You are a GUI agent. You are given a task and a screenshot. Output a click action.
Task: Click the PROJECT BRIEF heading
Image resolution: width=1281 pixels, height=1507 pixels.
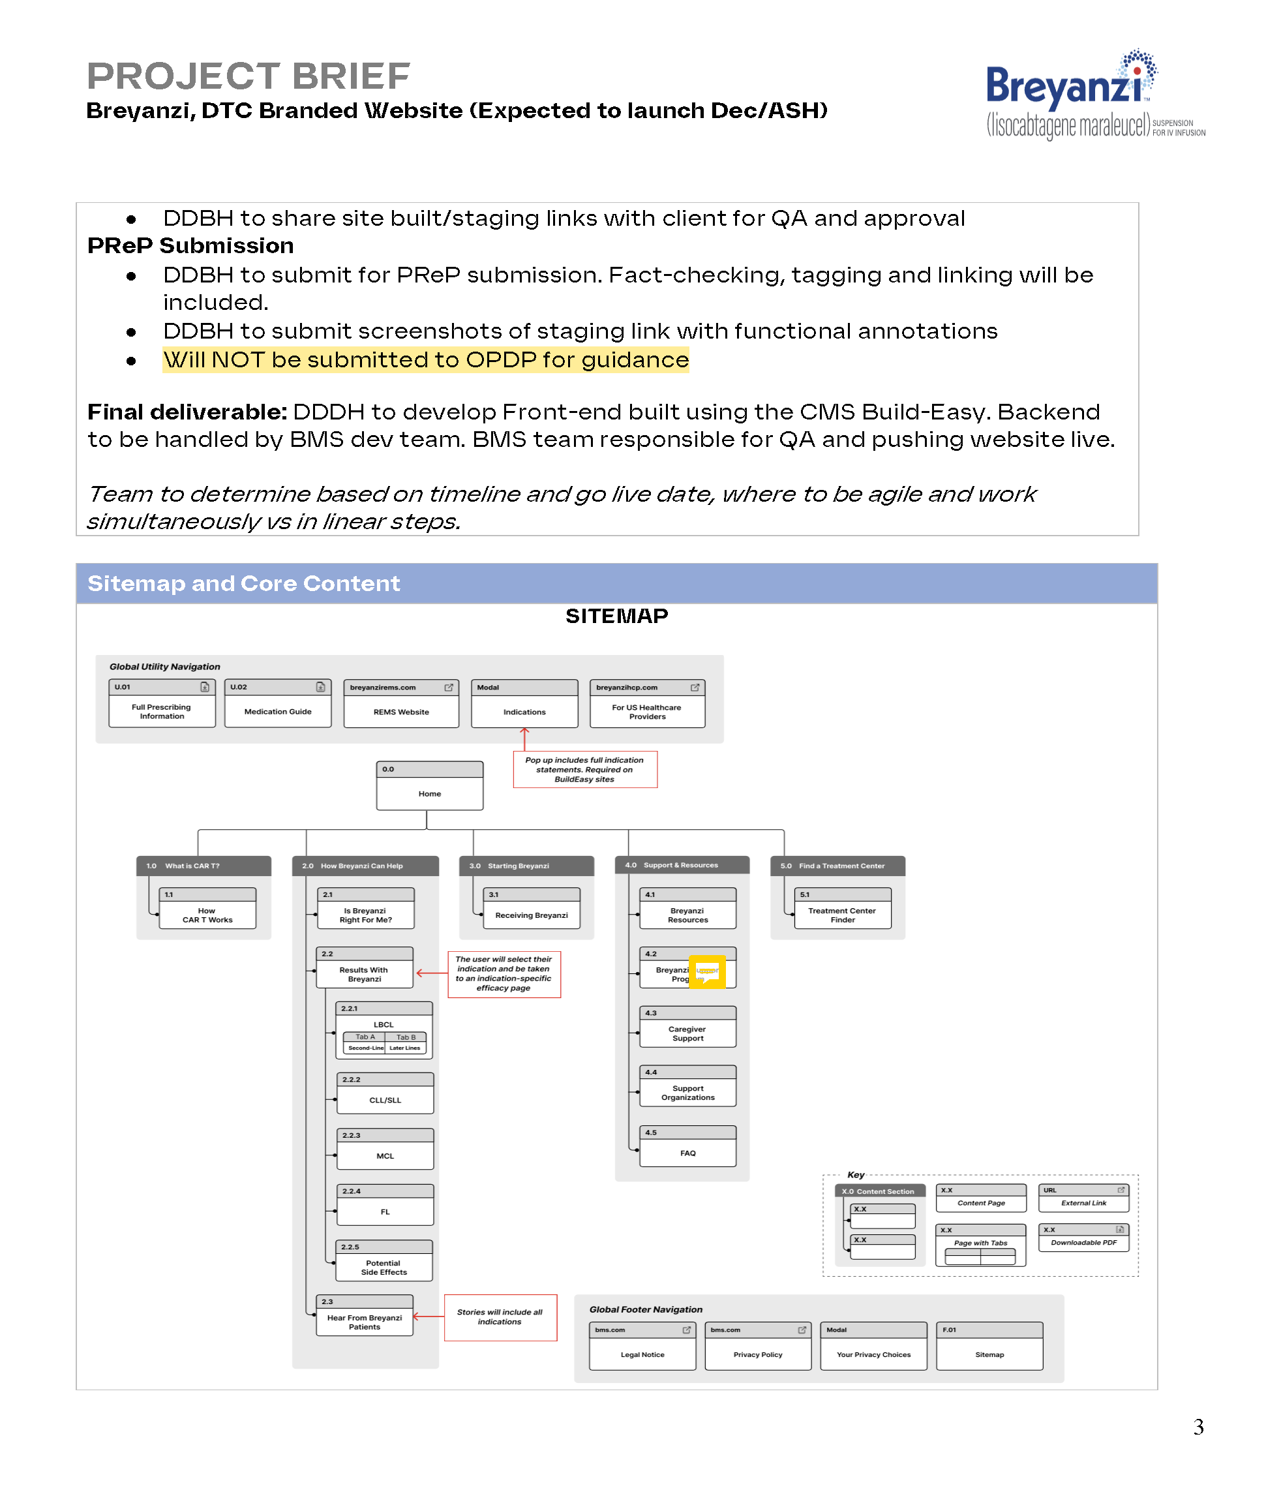tap(249, 76)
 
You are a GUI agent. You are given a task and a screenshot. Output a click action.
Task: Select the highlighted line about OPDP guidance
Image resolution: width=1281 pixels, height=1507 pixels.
tap(425, 360)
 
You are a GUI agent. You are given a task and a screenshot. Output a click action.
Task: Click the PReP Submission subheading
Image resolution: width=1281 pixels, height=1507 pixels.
tap(190, 246)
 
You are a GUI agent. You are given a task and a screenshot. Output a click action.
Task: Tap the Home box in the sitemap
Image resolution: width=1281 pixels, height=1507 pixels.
tap(429, 787)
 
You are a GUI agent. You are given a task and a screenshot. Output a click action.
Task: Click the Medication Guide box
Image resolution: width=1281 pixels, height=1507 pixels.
tap(277, 705)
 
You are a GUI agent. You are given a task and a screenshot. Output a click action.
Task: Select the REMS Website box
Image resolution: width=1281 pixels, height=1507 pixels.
tap(401, 705)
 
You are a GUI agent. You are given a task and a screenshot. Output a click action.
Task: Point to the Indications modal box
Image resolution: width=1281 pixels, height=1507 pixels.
tap(524, 705)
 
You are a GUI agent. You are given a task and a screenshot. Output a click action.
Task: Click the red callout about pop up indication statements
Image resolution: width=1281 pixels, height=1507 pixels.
tap(584, 770)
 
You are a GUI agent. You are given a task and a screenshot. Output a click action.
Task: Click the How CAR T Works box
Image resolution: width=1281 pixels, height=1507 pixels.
tap(207, 909)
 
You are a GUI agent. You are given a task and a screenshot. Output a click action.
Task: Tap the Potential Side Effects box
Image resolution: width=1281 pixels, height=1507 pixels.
tap(384, 1262)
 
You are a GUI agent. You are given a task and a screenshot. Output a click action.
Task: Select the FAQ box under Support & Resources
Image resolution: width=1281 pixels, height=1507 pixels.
tap(687, 1148)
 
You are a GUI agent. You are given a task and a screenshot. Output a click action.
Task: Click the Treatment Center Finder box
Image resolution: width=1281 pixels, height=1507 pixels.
tap(843, 909)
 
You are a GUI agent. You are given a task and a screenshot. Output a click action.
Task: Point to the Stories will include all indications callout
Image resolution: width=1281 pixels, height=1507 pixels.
tap(500, 1317)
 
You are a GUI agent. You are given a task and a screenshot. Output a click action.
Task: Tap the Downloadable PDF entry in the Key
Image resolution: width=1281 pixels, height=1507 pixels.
tap(1083, 1238)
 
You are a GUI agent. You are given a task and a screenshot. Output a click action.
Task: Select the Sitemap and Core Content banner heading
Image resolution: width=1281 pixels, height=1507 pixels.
tap(244, 584)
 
